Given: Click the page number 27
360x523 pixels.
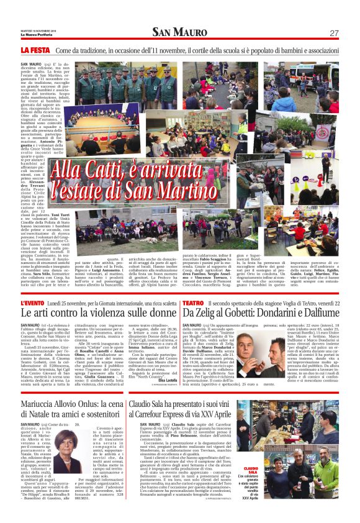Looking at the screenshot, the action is pos(333,32).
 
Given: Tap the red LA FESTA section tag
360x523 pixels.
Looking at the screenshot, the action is pos(35,49).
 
